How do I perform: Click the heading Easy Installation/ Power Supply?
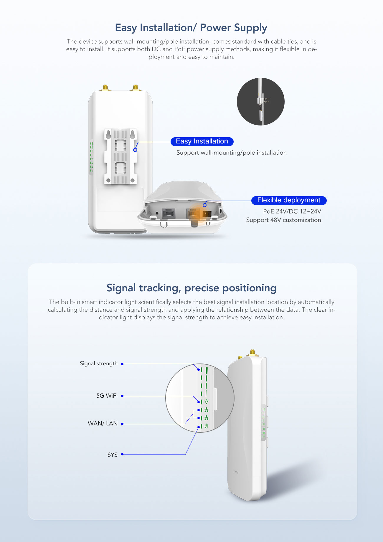(191, 28)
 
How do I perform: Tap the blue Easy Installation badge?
(202, 141)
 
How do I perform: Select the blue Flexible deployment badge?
(289, 200)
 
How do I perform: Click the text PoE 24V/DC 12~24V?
(292, 211)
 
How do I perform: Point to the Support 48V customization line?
(283, 220)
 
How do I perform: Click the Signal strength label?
(99, 363)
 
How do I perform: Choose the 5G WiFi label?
(107, 396)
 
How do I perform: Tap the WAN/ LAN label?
(103, 423)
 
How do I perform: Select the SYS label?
(113, 455)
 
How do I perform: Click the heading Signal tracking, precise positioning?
(191, 288)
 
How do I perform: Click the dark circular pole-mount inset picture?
(261, 102)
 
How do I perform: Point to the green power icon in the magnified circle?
(206, 426)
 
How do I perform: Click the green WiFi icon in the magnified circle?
(206, 401)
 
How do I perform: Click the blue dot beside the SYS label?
(122, 454)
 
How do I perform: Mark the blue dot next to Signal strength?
(122, 364)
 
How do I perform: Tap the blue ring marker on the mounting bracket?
(135, 150)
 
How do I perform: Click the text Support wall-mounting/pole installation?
(232, 153)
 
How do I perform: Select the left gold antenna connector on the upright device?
(105, 87)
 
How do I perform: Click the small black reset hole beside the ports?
(157, 213)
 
